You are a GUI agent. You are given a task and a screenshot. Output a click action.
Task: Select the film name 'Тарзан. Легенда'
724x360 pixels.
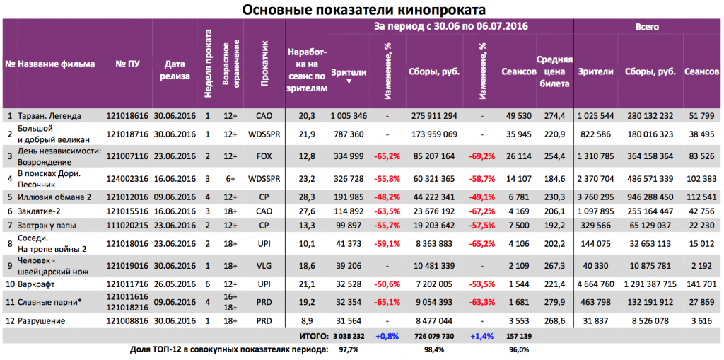pyautogui.click(x=49, y=115)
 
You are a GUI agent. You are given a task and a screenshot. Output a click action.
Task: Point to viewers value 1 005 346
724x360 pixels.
pyautogui.click(x=344, y=115)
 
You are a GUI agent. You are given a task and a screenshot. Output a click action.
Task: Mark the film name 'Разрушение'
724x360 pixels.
pyautogui.click(x=40, y=321)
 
